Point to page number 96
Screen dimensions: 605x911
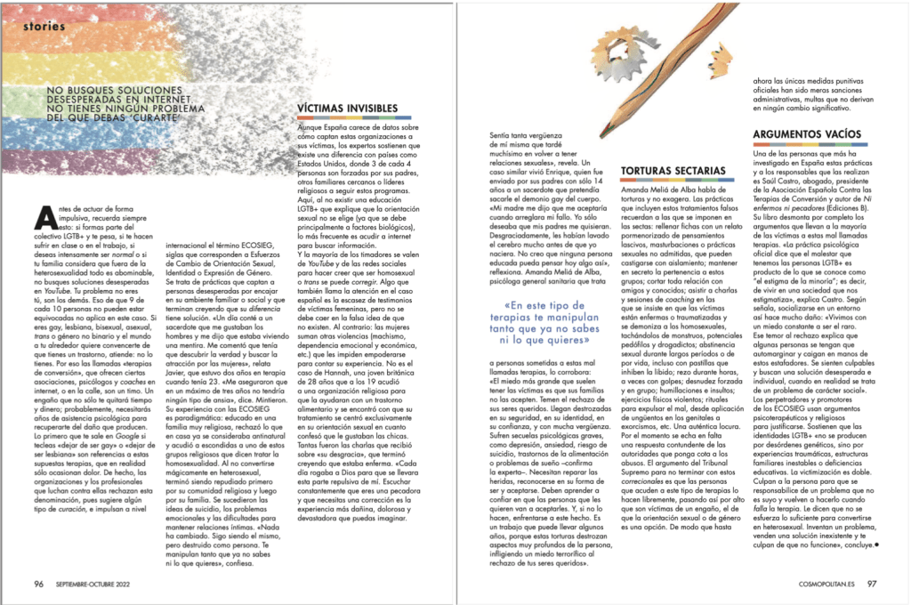tap(38, 584)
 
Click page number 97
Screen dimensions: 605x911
tap(873, 584)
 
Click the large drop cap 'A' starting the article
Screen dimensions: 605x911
tap(40, 214)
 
